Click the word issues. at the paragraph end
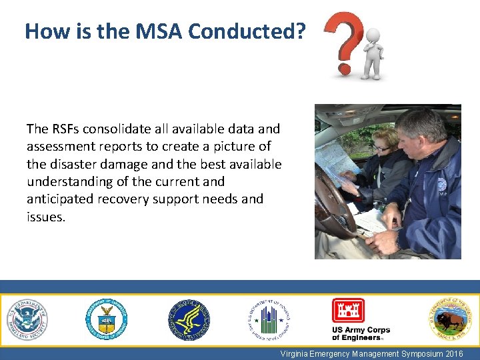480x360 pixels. pos(46,216)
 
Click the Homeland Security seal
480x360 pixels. pos(27,319)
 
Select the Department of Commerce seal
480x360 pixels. pos(106,320)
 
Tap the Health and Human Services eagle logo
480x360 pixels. pos(189,320)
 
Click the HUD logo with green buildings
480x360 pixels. pos(269,320)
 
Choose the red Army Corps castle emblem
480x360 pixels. pos(348,311)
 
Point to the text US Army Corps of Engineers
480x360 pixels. pos(361,333)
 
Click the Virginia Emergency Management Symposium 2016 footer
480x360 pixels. pos(371,354)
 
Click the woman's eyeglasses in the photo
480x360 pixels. pos(381,148)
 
